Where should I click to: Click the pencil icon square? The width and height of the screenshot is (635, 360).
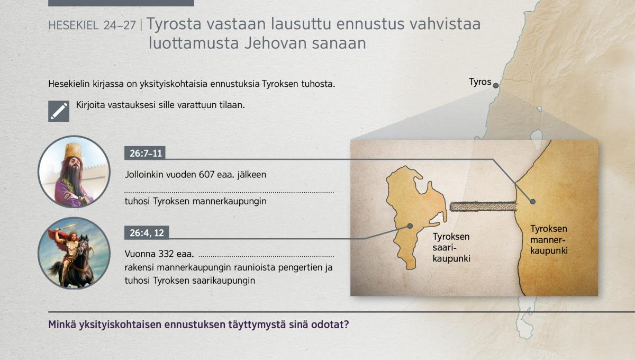(x=59, y=111)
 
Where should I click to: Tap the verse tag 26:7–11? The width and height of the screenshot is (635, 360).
(x=145, y=153)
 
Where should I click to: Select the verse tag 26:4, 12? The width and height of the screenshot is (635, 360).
(x=147, y=233)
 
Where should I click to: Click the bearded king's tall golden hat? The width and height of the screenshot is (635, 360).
(x=73, y=151)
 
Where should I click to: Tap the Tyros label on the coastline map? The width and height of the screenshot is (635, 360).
(x=480, y=82)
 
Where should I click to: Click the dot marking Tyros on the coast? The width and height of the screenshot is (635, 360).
(x=495, y=85)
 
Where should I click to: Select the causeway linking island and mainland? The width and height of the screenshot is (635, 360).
(x=483, y=206)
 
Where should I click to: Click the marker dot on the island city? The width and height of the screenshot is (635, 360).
(x=410, y=226)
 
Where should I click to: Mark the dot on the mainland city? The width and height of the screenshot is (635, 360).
(x=533, y=202)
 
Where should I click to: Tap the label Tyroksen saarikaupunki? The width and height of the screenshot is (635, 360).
(x=451, y=247)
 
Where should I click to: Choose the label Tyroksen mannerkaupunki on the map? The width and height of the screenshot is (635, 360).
(x=549, y=240)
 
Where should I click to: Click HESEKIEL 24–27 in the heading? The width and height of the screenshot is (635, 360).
(x=92, y=25)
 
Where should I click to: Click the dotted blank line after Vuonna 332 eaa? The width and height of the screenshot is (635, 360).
(x=267, y=256)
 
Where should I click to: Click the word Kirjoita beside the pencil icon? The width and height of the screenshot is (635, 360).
(x=90, y=105)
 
